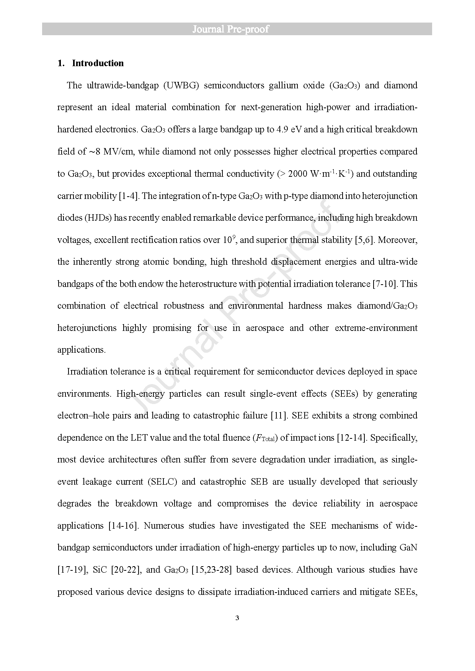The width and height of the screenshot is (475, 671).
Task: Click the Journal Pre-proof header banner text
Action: point(230,29)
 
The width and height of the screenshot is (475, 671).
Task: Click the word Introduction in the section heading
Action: point(98,63)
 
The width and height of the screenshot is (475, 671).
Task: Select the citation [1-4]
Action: point(128,196)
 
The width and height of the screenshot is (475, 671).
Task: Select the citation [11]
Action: point(278,415)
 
